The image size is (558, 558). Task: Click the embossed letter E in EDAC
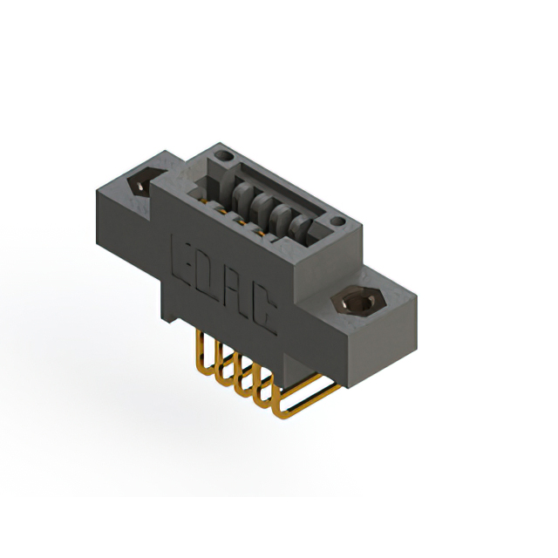coord(185,257)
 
